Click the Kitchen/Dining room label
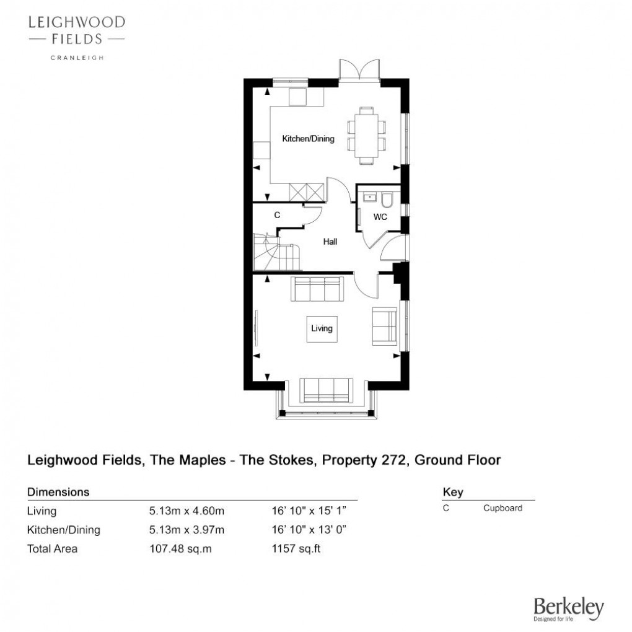coord(309,139)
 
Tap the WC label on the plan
coord(380,217)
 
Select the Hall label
coord(330,242)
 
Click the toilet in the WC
coord(387,199)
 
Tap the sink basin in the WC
coord(369,197)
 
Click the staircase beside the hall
coord(276,252)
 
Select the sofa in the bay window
coord(327,390)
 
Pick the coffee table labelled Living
coord(322,329)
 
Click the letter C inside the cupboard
coord(277,215)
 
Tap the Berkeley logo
coord(569,609)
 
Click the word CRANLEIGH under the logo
coord(77,58)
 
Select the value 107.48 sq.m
coord(180,548)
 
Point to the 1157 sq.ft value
coord(296,548)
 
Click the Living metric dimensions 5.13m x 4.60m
coord(187,511)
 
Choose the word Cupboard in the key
coord(503,508)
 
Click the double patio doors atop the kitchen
coord(359,71)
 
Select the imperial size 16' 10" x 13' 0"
coord(309,530)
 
